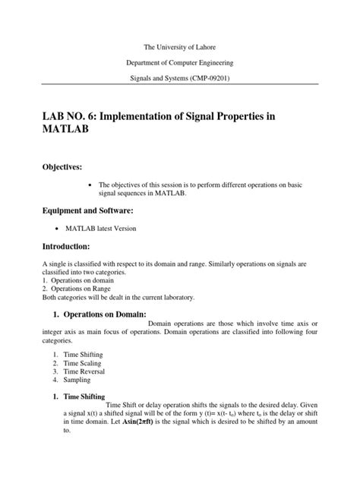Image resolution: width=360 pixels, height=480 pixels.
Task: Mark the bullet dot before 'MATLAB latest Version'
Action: click(x=59, y=226)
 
